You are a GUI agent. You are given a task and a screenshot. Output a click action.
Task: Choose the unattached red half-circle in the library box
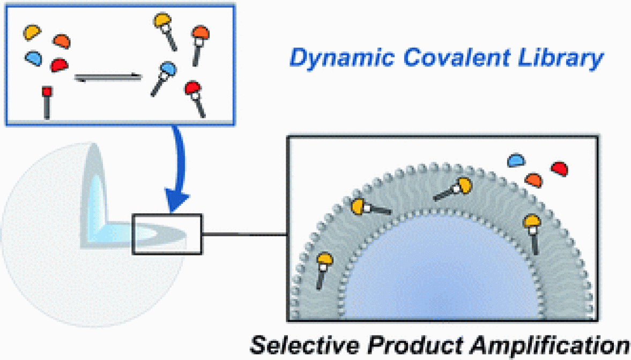point(60,65)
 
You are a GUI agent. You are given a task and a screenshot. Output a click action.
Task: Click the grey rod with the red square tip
point(47,102)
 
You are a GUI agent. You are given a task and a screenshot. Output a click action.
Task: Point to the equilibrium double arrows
point(108,78)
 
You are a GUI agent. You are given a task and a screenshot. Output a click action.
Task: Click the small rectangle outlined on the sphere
point(167,233)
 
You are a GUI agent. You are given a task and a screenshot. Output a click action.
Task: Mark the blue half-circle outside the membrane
point(517,160)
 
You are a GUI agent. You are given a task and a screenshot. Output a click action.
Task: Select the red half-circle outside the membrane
point(559,169)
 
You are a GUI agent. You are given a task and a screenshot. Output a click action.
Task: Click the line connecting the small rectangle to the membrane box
point(244,234)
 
